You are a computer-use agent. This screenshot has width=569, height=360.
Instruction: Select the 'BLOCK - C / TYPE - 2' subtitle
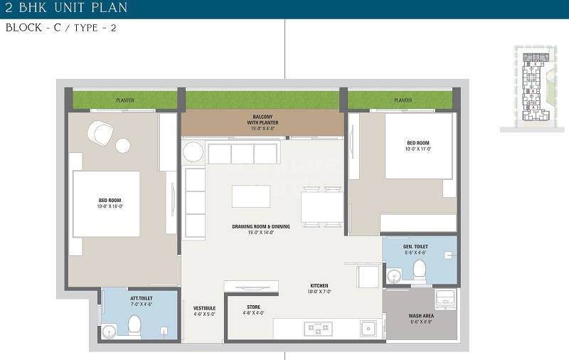click(61, 29)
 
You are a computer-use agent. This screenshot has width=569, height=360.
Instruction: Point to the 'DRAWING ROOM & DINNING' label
click(260, 228)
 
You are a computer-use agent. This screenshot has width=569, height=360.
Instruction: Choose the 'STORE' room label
click(255, 309)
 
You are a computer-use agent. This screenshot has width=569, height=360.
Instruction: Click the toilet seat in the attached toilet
click(134, 325)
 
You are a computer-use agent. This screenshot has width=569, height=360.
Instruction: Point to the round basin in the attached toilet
click(108, 329)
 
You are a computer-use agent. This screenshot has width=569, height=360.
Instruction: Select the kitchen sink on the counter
click(367, 329)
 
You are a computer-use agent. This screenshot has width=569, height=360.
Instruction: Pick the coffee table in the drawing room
click(250, 196)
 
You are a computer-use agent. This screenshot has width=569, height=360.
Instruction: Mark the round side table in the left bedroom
click(123, 146)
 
